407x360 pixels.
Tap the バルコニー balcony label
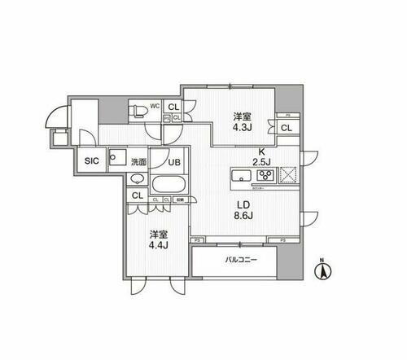click(x=242, y=261)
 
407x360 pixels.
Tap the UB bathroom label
click(x=173, y=161)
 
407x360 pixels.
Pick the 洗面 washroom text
click(x=138, y=161)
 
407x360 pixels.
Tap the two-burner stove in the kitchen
click(x=268, y=175)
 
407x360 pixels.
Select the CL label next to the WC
click(x=173, y=106)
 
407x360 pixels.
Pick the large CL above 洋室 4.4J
click(x=137, y=196)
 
